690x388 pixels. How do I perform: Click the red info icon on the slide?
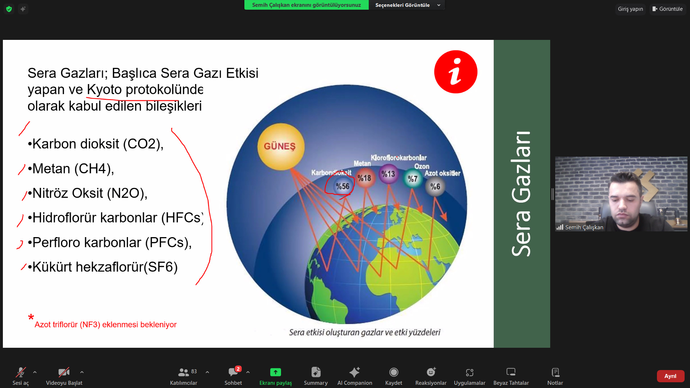click(456, 72)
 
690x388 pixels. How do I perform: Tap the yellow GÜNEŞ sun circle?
click(281, 147)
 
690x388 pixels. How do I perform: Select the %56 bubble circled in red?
click(342, 186)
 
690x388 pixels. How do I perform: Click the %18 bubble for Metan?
click(364, 178)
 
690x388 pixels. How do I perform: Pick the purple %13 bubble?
click(388, 174)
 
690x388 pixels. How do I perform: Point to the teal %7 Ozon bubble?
click(413, 179)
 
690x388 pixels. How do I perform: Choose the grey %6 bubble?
click(435, 186)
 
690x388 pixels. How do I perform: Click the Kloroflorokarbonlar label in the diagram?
click(399, 158)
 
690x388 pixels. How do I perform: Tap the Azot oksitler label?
click(442, 173)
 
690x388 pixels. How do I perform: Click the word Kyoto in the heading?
click(104, 89)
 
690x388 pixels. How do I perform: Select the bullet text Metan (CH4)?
click(73, 168)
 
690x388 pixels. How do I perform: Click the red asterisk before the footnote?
click(31, 317)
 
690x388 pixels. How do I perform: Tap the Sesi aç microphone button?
click(20, 376)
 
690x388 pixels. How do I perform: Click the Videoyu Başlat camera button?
click(64, 376)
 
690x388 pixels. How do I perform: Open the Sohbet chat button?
click(233, 376)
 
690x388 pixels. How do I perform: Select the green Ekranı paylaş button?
click(276, 376)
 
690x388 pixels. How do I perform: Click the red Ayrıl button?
click(670, 376)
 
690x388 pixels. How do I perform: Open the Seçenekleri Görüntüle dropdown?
click(407, 5)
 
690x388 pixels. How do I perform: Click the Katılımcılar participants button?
click(184, 376)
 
